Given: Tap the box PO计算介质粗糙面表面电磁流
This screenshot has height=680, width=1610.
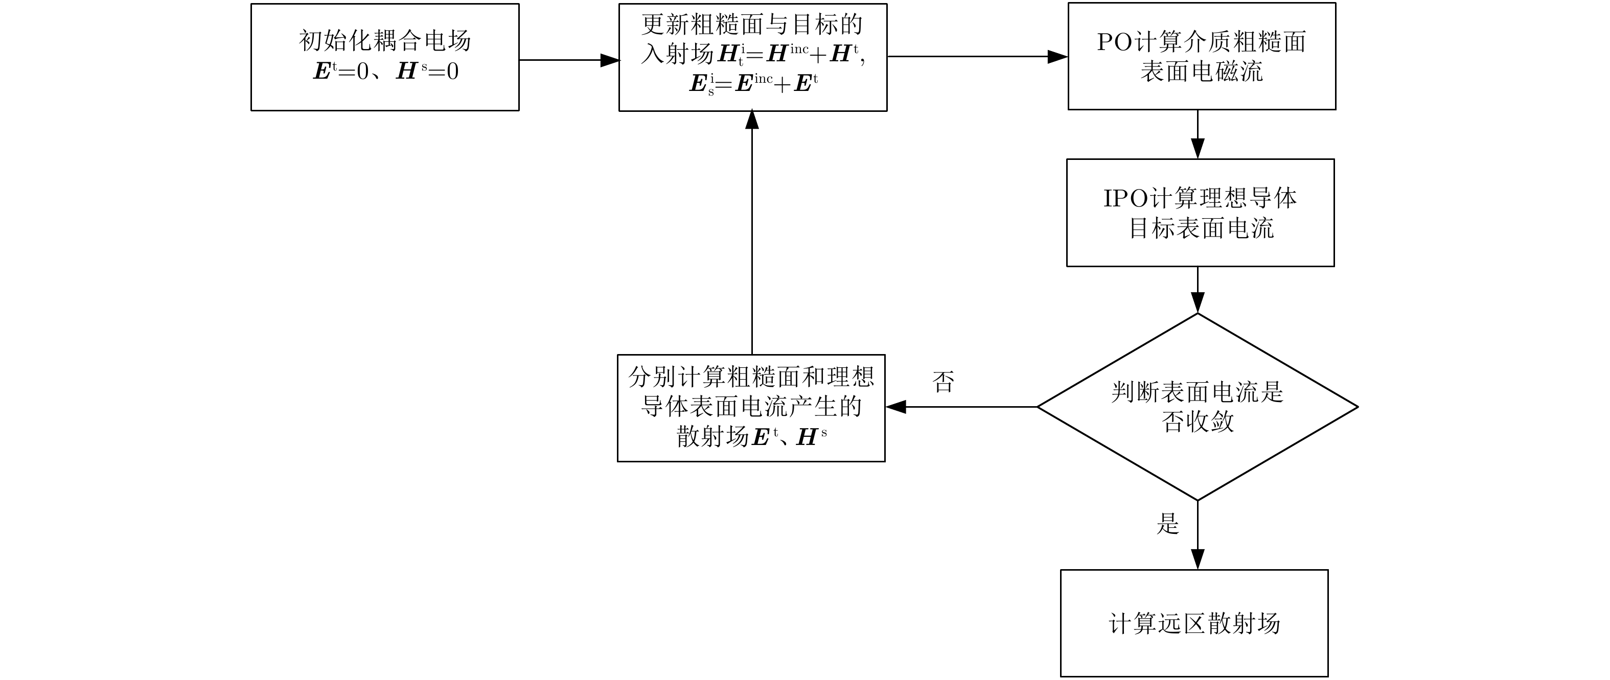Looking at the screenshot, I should coord(1201,56).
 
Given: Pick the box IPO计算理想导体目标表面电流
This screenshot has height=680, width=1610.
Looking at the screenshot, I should coord(1200,213).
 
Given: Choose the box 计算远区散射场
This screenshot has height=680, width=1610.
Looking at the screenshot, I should coord(1194,623).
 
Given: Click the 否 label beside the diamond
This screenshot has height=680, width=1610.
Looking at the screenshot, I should coord(943,381).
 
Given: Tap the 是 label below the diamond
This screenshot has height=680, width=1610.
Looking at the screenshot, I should coord(1167,523).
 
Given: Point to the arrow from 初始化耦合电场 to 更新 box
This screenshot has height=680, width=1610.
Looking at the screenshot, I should coord(569,60).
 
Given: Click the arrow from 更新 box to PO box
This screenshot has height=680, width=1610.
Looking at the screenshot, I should coord(977,56).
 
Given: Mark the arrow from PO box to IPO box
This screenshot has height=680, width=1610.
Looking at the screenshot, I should coord(1198,134).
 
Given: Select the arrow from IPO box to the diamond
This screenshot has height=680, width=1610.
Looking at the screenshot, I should coord(1198,289).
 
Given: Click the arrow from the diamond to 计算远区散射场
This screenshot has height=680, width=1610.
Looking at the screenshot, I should coord(1198,535).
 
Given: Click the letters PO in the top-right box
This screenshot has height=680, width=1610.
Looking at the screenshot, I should coord(1114,42).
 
